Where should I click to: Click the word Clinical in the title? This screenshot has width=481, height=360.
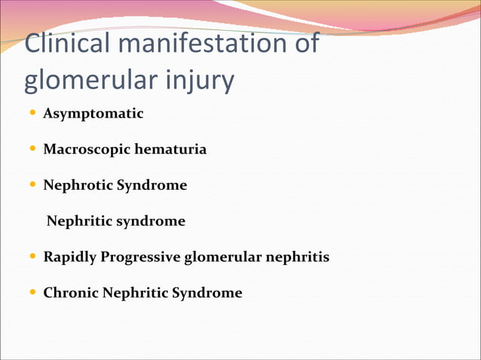68,44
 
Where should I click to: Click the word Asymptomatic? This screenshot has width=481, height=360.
93,114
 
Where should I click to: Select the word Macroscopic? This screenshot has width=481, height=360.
87,149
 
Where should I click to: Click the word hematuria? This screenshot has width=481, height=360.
170,149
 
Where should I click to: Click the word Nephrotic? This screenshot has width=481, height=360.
78,185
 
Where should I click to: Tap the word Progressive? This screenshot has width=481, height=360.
139,257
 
